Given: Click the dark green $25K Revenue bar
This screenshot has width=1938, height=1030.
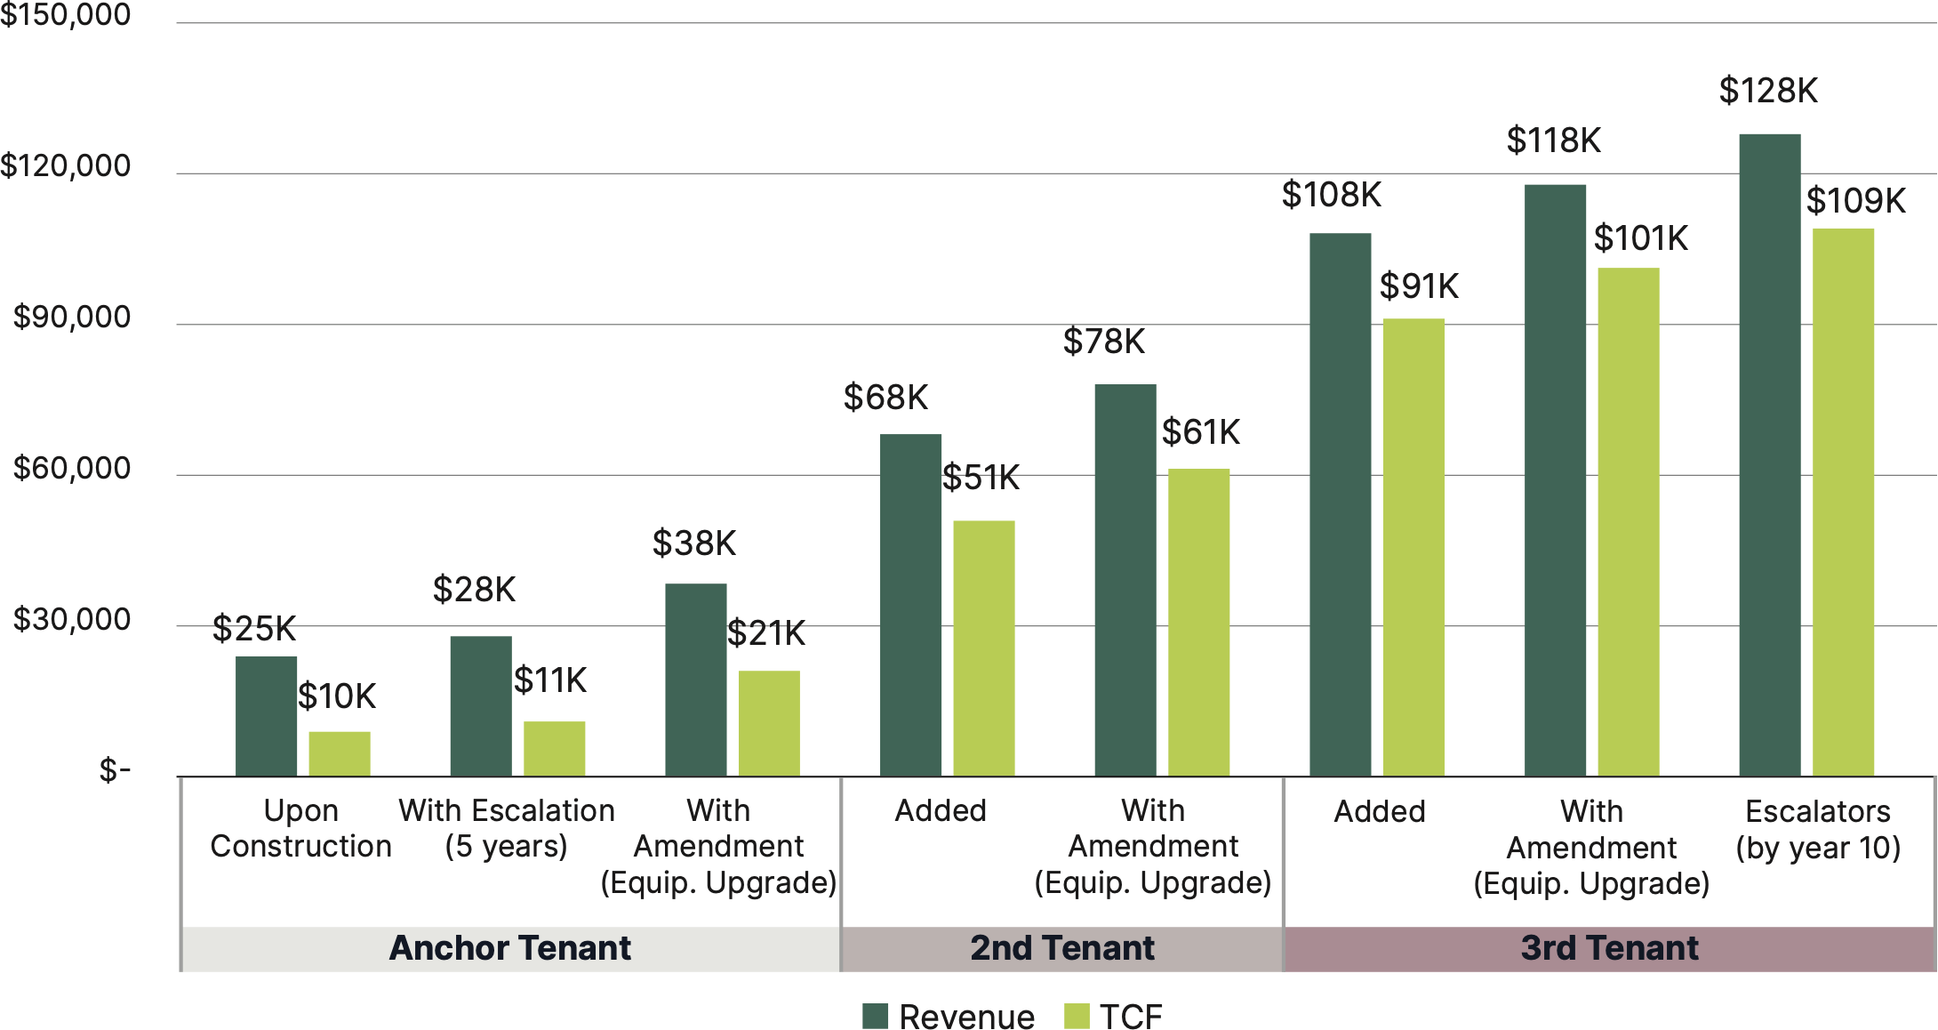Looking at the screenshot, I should pyautogui.click(x=266, y=716).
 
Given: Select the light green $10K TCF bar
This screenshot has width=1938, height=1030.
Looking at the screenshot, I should pyautogui.click(x=340, y=753).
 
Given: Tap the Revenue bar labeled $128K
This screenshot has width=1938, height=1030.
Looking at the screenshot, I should pyautogui.click(x=1769, y=455).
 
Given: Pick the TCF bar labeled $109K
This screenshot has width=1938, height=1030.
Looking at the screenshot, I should pyautogui.click(x=1843, y=502).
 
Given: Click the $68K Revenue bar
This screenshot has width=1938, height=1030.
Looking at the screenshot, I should pyautogui.click(x=910, y=605).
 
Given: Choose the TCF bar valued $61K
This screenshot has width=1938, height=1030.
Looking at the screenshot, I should pyautogui.click(x=1198, y=622).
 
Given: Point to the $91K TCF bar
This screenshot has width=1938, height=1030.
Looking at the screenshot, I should pyautogui.click(x=1413, y=547).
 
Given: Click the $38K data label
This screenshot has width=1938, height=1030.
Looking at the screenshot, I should pyautogui.click(x=694, y=543).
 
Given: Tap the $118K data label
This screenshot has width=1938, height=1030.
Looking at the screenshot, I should pyautogui.click(x=1553, y=141).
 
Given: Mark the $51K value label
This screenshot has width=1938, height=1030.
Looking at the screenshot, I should pyautogui.click(x=981, y=478).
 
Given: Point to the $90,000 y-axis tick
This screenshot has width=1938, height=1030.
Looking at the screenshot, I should pyautogui.click(x=71, y=318).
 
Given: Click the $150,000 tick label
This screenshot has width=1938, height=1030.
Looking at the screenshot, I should pyautogui.click(x=66, y=15).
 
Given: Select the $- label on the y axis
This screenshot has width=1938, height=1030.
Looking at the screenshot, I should pyautogui.click(x=115, y=770).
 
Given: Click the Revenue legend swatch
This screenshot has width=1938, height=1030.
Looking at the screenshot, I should pyautogui.click(x=876, y=1016).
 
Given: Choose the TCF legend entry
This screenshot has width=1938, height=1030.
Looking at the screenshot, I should pyautogui.click(x=1113, y=1016).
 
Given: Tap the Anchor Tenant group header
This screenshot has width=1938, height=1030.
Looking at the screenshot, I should pyautogui.click(x=510, y=948).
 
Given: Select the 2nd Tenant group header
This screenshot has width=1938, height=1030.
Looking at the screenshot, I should pyautogui.click(x=1062, y=948).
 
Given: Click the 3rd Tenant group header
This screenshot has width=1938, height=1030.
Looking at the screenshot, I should pyautogui.click(x=1609, y=948).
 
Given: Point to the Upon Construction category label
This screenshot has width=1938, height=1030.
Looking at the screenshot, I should pyautogui.click(x=300, y=828).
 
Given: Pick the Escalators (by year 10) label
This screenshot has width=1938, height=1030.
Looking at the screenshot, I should pyautogui.click(x=1818, y=829).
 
